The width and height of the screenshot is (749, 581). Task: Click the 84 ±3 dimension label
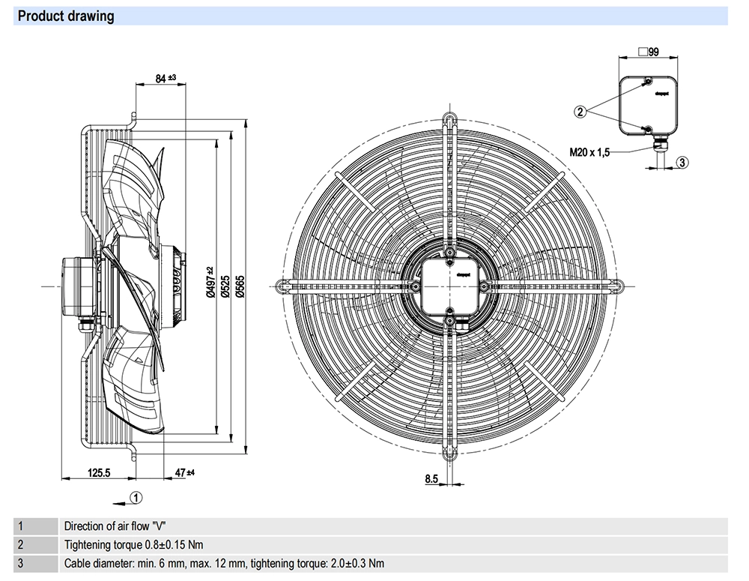pos(165,77)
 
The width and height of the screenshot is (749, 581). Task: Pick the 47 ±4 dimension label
pos(184,473)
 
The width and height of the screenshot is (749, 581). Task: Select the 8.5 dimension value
pos(431,478)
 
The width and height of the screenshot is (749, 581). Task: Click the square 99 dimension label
pos(648,52)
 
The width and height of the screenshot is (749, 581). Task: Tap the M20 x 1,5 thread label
pos(590,152)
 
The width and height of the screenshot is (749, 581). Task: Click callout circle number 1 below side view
pos(136,496)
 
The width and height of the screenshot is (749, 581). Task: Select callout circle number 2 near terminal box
pos(580,112)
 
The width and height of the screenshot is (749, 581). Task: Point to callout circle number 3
pos(682,162)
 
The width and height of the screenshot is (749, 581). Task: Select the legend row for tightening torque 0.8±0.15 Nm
pos(133,545)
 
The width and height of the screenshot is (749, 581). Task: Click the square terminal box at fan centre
pos(449,286)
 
